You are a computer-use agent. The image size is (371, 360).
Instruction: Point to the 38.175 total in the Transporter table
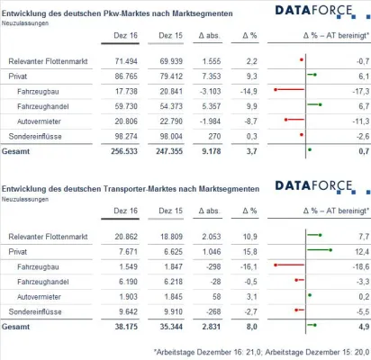coord(123,327)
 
